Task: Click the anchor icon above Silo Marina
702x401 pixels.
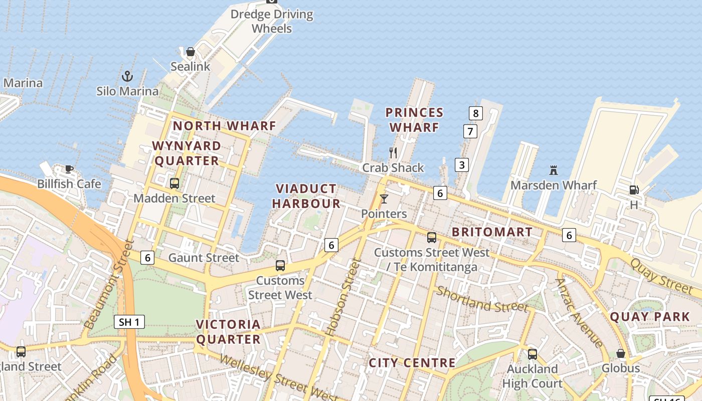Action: pyautogui.click(x=127, y=76)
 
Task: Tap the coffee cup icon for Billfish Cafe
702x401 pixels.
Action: pyautogui.click(x=69, y=169)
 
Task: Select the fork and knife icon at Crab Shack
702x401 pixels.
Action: pyautogui.click(x=393, y=152)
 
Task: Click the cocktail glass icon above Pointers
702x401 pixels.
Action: pyautogui.click(x=384, y=199)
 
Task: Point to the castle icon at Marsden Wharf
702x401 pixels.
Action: pyautogui.click(x=554, y=170)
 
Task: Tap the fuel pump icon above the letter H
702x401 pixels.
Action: pyautogui.click(x=634, y=190)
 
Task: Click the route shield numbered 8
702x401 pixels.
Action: pyautogui.click(x=475, y=113)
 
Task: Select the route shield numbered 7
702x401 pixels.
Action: pyautogui.click(x=470, y=132)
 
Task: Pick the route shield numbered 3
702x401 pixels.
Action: pyautogui.click(x=462, y=164)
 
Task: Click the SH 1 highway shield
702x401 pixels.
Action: pyautogui.click(x=129, y=322)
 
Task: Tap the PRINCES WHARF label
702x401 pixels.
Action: pyautogui.click(x=414, y=120)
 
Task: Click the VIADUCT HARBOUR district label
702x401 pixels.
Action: pyautogui.click(x=308, y=196)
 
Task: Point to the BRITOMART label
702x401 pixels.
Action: pyautogui.click(x=492, y=232)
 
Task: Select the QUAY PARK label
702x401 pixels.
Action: pyautogui.click(x=650, y=317)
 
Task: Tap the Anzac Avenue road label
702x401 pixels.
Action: pyautogui.click(x=579, y=313)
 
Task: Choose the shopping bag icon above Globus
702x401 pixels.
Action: pyautogui.click(x=621, y=353)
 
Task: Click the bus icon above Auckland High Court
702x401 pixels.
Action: pyautogui.click(x=533, y=354)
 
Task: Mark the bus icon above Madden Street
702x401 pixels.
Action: pyautogui.click(x=174, y=183)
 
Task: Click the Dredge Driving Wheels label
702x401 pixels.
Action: pyautogui.click(x=272, y=21)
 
